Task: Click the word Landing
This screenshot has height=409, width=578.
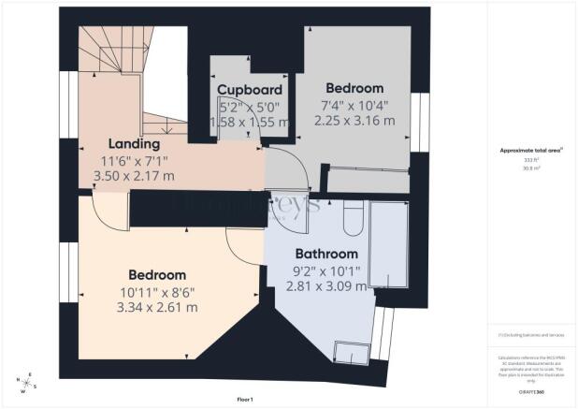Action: tap(134, 144)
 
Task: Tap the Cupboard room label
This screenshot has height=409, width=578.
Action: tap(250, 90)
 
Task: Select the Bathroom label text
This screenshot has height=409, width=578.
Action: tap(326, 254)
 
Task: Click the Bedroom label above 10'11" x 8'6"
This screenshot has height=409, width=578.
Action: tap(157, 275)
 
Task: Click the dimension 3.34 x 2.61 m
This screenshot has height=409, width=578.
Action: tap(157, 306)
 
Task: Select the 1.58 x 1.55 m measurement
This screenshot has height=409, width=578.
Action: tap(250, 122)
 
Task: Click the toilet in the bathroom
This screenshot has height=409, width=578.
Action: tap(354, 221)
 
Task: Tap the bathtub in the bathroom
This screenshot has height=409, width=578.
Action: tap(387, 246)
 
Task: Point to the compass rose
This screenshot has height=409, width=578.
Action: tap(24, 381)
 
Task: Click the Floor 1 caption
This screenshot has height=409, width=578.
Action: tap(246, 400)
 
